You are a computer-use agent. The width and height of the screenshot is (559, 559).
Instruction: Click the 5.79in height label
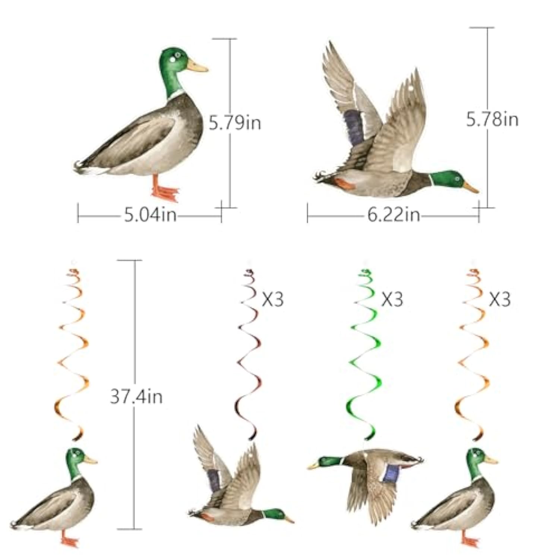(234, 123)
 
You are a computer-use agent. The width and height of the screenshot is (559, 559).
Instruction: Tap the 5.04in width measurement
(150, 215)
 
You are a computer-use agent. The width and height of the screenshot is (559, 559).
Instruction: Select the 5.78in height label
(492, 119)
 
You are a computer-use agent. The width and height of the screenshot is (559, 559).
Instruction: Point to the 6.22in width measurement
(394, 215)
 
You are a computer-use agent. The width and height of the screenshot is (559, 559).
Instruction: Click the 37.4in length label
(136, 396)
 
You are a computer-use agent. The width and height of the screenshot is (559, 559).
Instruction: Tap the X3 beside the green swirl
(392, 299)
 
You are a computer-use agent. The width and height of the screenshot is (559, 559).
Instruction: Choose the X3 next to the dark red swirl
(272, 299)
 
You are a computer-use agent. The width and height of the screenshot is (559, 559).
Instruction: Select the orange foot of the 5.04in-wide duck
(164, 192)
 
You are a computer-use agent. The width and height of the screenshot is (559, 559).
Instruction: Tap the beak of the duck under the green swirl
(313, 466)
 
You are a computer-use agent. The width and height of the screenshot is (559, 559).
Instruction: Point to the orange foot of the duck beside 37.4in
(70, 540)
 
